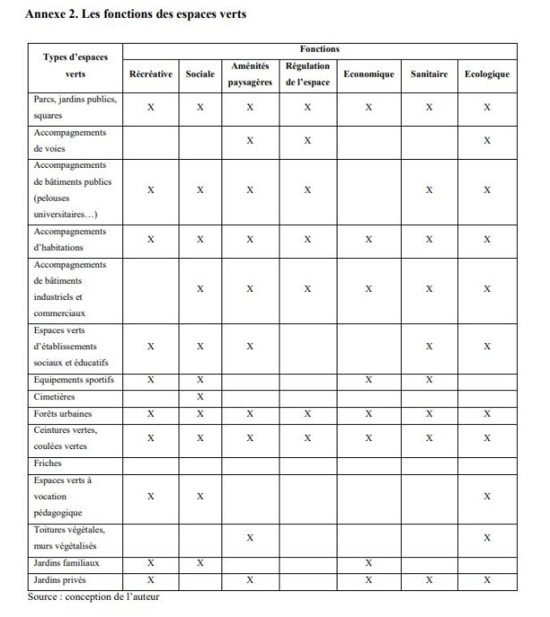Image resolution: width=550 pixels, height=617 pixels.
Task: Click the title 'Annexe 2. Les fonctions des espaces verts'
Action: tap(136, 14)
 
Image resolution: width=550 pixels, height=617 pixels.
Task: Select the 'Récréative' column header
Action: tap(150, 74)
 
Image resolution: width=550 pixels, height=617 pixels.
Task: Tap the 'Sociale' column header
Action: tap(200, 74)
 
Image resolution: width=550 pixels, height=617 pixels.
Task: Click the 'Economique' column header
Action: tap(368, 74)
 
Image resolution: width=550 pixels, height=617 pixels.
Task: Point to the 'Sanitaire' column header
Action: tap(429, 74)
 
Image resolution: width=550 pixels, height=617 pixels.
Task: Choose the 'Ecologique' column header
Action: tap(487, 74)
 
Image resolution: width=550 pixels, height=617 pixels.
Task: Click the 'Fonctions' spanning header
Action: tap(320, 49)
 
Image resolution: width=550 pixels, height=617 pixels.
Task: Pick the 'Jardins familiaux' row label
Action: tap(66, 563)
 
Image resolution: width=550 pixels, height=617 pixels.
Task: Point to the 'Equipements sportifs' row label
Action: tap(74, 380)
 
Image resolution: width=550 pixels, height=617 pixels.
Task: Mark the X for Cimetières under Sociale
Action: tap(200, 396)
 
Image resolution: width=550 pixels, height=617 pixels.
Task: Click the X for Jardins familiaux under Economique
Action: tap(368, 563)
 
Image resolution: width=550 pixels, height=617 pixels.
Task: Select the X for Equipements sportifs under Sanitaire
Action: tap(429, 380)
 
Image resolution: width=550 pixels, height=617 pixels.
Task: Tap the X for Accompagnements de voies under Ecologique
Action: tap(487, 140)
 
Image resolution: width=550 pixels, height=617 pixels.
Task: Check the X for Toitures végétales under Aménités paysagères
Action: tap(250, 538)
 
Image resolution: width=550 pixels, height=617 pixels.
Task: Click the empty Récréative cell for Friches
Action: tap(150, 463)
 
